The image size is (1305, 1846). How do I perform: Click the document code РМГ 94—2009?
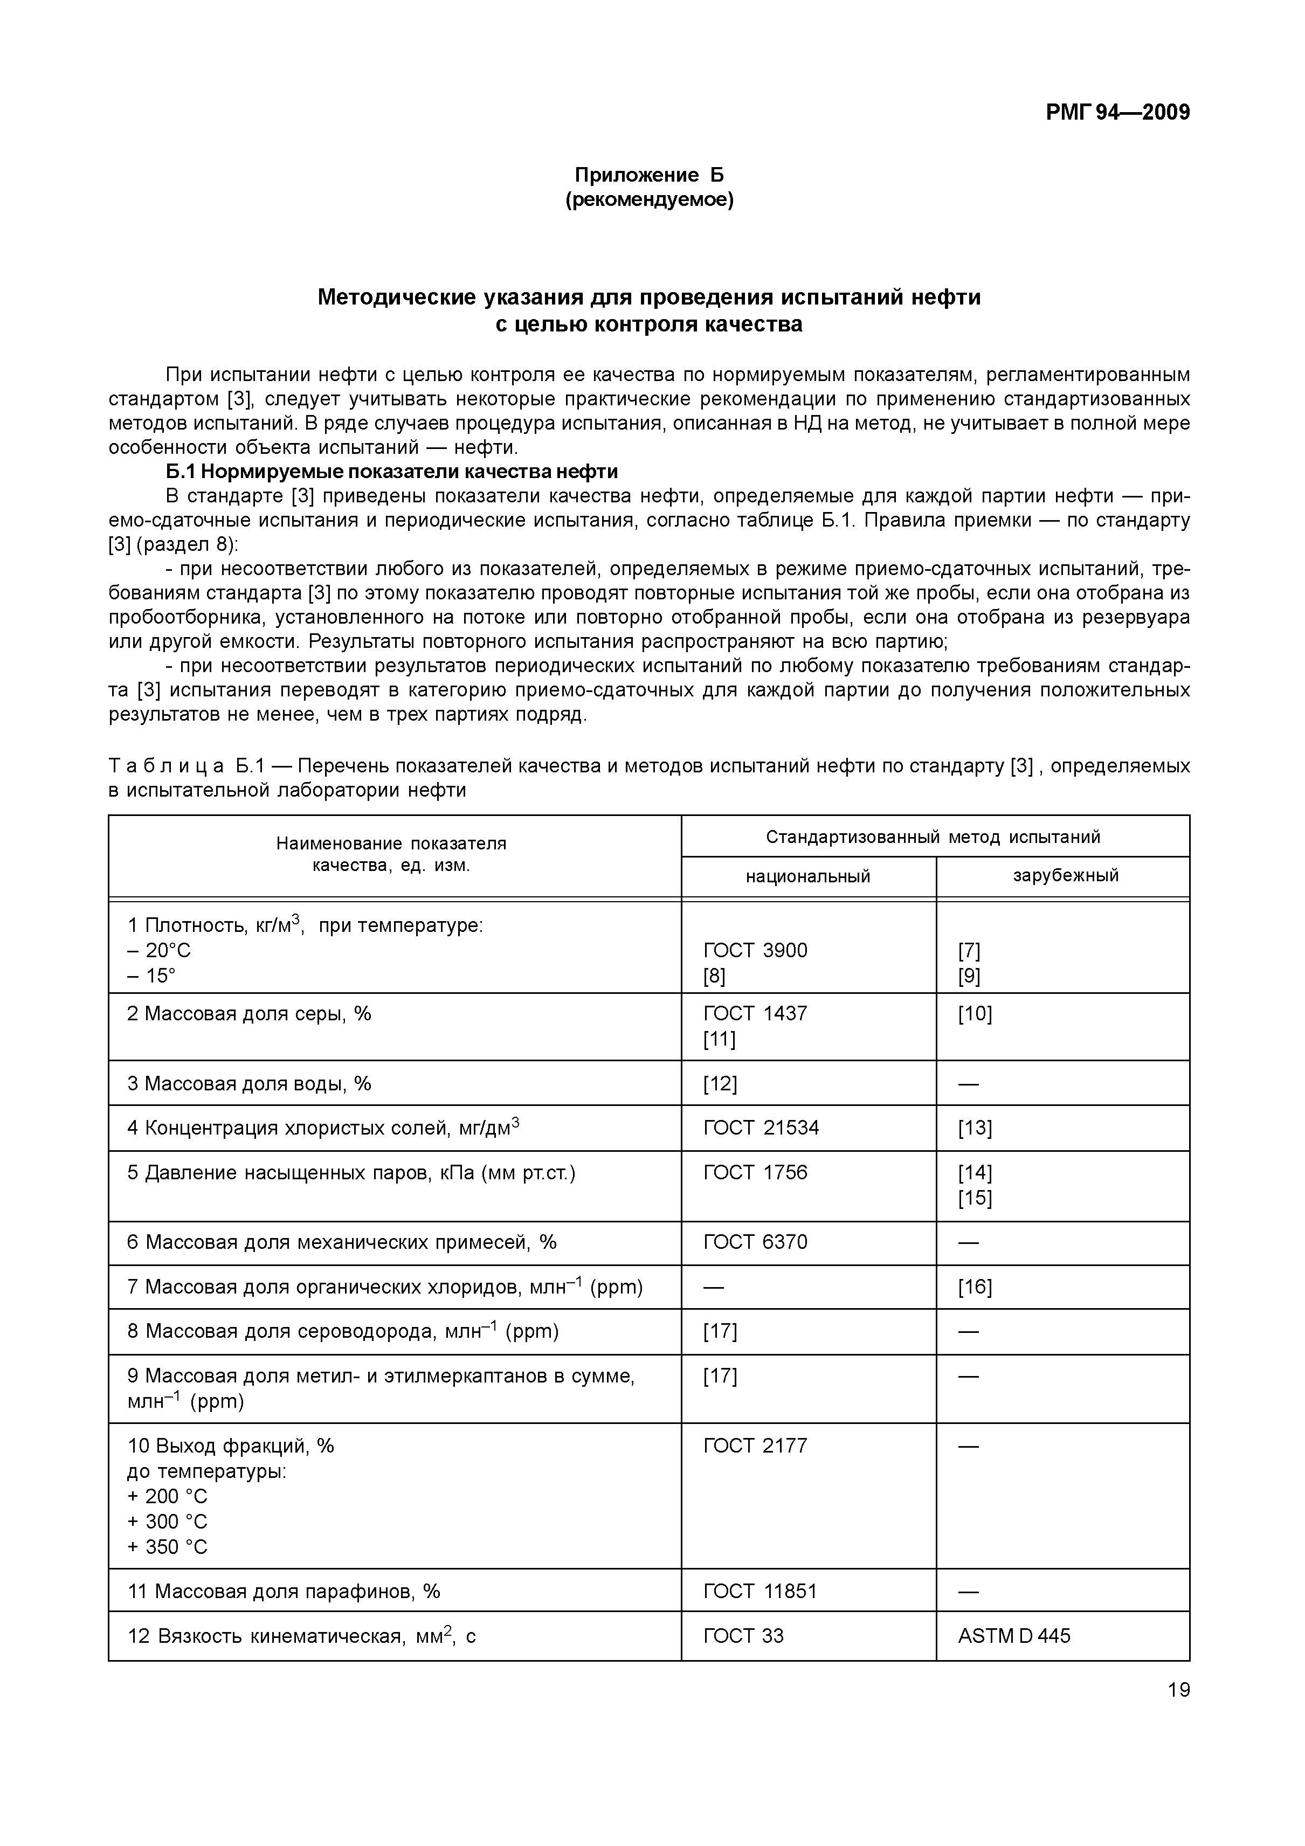pyautogui.click(x=1117, y=113)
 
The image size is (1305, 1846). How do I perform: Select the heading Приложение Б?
pyautogui.click(x=649, y=175)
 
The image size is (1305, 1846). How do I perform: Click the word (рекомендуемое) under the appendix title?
pyautogui.click(x=649, y=199)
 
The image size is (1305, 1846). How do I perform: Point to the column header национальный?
pyautogui.click(x=807, y=876)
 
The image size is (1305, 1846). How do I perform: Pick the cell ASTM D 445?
pyautogui.click(x=1014, y=1636)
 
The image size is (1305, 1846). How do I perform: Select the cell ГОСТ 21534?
pyautogui.click(x=761, y=1128)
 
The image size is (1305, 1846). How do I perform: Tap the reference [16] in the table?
pyautogui.click(x=975, y=1287)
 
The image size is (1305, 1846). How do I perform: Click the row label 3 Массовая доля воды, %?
pyautogui.click(x=249, y=1084)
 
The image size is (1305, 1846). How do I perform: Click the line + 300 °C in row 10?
pyautogui.click(x=167, y=1521)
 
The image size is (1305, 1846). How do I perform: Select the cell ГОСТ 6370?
pyautogui.click(x=755, y=1242)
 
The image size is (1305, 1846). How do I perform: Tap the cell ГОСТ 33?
pyautogui.click(x=743, y=1636)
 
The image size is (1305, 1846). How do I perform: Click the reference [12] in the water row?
pyautogui.click(x=720, y=1084)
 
